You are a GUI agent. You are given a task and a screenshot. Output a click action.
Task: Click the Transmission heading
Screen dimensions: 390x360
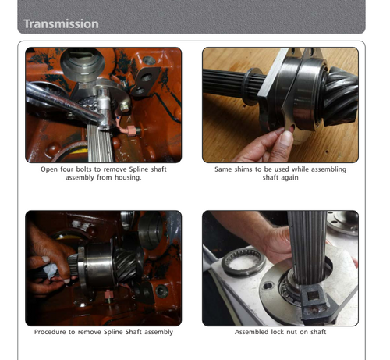[x=61, y=24]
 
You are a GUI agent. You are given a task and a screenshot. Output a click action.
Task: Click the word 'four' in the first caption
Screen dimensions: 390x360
[x=67, y=169]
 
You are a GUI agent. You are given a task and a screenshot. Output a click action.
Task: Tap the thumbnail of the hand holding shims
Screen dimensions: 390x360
[x=280, y=105]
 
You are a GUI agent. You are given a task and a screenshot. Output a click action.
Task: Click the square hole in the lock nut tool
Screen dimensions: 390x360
[x=313, y=295]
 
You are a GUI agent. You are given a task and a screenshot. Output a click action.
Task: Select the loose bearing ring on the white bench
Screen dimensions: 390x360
[x=244, y=262]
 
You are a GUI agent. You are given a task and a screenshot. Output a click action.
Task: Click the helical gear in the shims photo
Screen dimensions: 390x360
[x=340, y=96]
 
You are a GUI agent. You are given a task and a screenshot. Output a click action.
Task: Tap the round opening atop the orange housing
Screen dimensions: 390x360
[x=82, y=64]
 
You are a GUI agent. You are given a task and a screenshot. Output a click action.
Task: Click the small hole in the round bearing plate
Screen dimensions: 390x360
[x=268, y=286]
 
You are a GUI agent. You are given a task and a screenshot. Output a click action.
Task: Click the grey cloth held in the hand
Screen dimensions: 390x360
[x=51, y=271]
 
